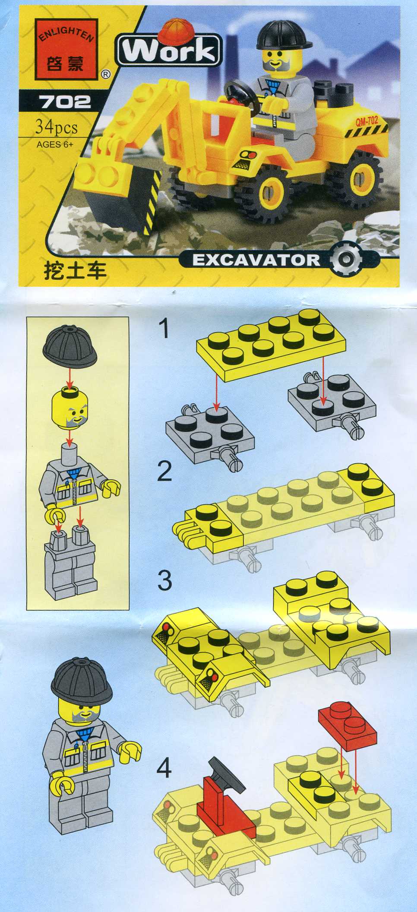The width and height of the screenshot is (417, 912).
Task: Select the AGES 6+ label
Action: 55,145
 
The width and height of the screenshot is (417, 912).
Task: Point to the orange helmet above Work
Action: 174,29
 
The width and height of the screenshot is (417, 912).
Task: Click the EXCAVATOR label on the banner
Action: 256,260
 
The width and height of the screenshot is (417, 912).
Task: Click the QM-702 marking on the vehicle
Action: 366,121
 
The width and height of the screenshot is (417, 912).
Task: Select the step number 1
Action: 164,329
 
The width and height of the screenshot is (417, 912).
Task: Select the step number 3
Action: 164,580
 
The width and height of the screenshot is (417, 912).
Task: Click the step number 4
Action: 164,768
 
